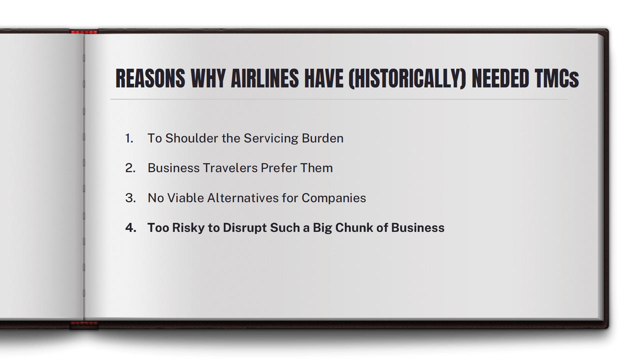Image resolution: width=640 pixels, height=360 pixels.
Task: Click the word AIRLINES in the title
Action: pos(264,79)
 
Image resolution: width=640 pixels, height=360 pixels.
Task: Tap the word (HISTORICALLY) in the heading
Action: pos(407,79)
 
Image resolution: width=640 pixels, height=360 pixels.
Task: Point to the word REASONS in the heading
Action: pos(150,79)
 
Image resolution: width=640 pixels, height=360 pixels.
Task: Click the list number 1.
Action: pos(129,138)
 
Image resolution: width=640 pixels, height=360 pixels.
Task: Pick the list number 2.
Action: pos(130,168)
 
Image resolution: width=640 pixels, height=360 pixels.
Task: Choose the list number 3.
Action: pos(130,198)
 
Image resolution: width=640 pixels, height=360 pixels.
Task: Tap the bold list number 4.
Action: pos(131,228)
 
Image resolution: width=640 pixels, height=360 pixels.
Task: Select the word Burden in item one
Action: pos(323,138)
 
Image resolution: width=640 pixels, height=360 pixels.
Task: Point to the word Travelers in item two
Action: pos(230,168)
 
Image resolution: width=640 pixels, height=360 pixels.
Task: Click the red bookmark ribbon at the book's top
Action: pos(84,32)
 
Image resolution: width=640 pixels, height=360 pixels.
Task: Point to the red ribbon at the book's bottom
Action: pos(84,324)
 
